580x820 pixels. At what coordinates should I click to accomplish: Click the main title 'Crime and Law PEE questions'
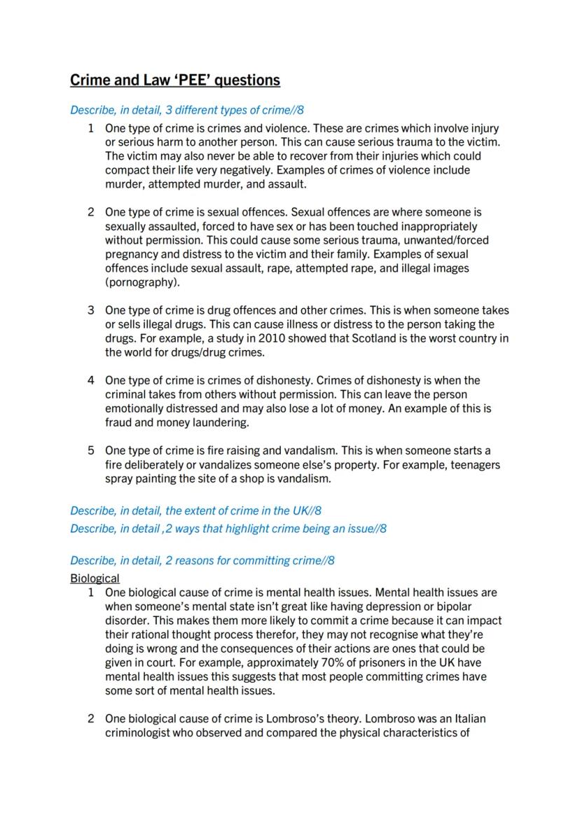click(x=175, y=80)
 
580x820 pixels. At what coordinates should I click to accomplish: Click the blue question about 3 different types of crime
click(x=187, y=110)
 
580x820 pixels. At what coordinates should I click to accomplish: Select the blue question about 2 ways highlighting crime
click(x=228, y=529)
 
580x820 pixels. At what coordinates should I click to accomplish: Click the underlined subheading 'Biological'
click(x=95, y=578)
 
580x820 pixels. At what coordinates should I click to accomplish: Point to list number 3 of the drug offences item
click(x=90, y=310)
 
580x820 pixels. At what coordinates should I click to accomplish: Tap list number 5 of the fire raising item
click(x=90, y=450)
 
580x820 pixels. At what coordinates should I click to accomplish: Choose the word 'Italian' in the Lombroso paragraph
click(x=469, y=718)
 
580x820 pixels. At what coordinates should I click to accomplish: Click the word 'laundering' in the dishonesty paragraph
click(x=221, y=423)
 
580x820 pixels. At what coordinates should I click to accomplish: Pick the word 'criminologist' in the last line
click(x=139, y=733)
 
